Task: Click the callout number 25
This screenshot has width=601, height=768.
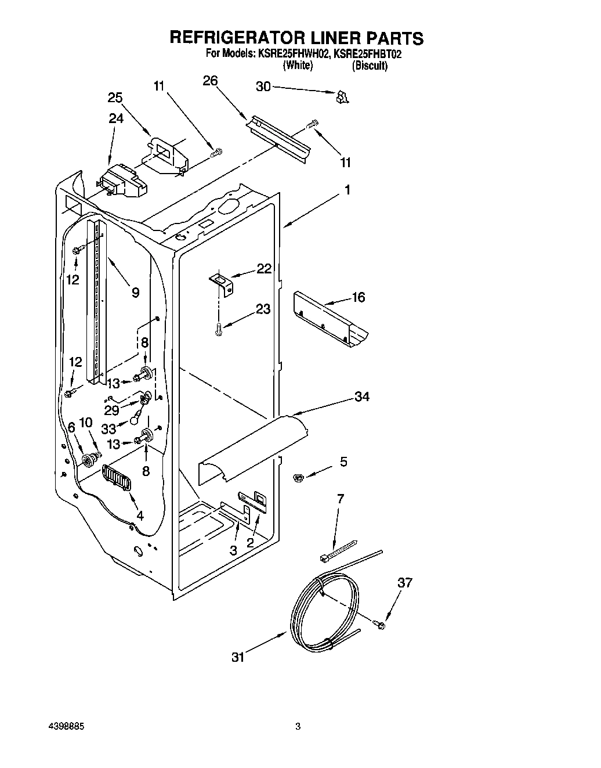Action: pos(115,98)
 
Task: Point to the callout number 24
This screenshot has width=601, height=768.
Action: pos(116,118)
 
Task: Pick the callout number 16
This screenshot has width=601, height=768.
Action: pos(358,298)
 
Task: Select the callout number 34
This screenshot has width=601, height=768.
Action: pos(362,396)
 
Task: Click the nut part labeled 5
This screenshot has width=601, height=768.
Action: pos(299,477)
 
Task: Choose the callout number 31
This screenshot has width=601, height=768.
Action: pos(238,657)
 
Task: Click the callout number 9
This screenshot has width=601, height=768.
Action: pos(135,293)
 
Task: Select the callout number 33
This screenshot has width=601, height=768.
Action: pos(108,430)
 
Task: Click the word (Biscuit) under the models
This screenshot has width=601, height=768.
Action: pos(370,66)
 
